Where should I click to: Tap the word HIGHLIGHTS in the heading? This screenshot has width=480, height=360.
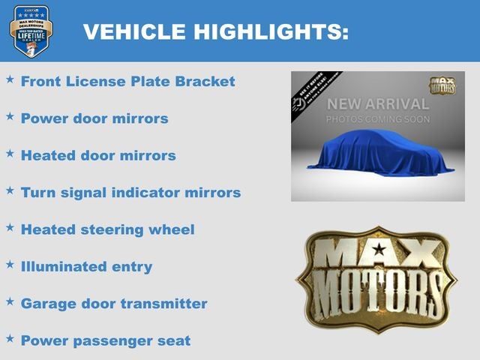coord(270,32)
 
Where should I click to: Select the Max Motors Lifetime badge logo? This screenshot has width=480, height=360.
coord(31,31)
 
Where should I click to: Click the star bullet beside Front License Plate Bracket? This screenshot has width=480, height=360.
coord(10,79)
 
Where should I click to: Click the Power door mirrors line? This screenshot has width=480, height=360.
coord(94,118)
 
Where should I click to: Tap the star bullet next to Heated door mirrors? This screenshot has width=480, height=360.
coord(10,153)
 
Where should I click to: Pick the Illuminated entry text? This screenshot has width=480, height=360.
coord(86,266)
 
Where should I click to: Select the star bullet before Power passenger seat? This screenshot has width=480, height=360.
coord(10,338)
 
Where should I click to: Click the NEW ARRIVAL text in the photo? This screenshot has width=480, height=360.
coord(378,104)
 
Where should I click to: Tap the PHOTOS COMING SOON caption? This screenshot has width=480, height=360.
coord(378,119)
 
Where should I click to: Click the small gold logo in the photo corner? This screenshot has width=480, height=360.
coord(442,85)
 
